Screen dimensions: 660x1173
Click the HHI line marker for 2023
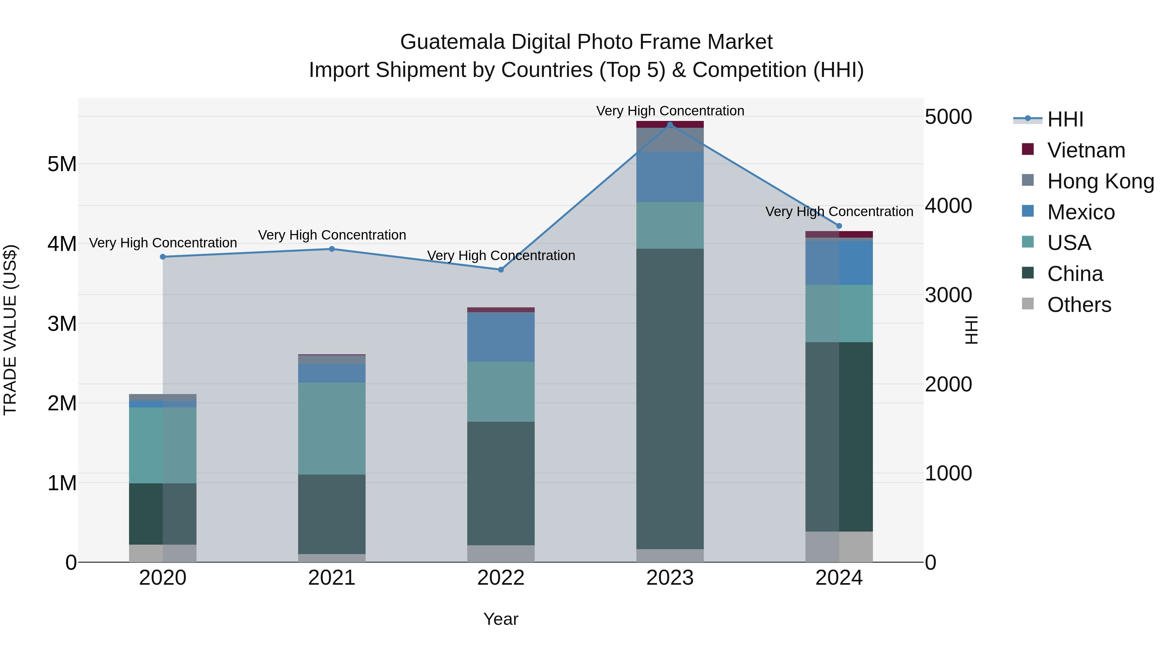pos(670,125)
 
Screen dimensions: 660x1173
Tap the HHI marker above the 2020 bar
pos(163,257)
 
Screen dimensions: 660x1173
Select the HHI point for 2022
pos(501,270)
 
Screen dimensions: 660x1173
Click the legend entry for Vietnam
pos(1086,150)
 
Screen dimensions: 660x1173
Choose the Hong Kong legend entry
pos(1100,181)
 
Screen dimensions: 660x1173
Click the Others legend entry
pos(1079,305)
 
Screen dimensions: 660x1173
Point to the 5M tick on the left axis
pos(62,164)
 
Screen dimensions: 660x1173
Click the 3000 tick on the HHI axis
pos(948,295)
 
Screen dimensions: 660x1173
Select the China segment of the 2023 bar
pos(670,399)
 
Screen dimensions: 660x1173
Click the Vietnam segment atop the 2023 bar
pos(670,125)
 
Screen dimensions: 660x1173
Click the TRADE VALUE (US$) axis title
pos(10,330)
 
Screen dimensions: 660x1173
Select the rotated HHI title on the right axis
pos(971,330)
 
